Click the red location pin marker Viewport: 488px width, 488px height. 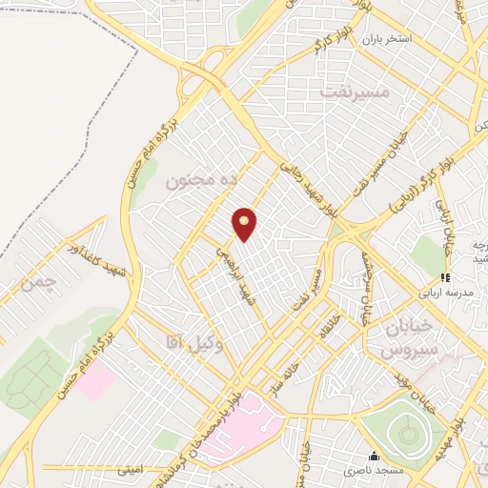point(245,224)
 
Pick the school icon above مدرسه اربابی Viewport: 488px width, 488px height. point(444,277)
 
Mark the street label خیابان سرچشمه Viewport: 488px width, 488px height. point(365,287)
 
